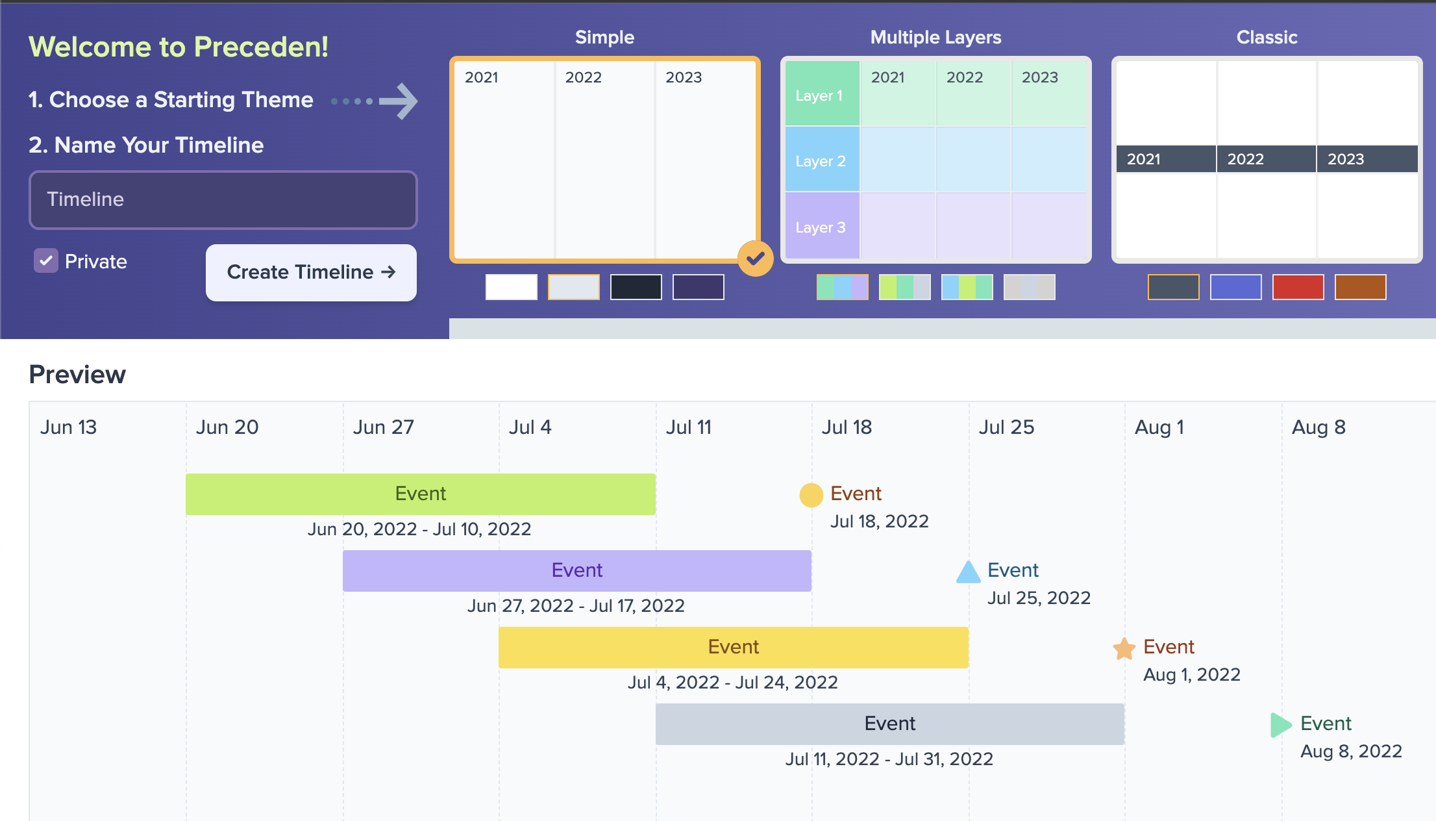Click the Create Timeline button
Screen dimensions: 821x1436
coord(311,272)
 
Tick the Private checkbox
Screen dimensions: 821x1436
coord(46,261)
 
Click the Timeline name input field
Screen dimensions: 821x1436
coord(223,199)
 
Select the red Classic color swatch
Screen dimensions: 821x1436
coord(1298,287)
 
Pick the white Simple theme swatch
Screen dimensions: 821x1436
coord(511,287)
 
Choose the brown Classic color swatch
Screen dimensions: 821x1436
coord(1360,287)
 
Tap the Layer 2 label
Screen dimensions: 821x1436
coord(821,161)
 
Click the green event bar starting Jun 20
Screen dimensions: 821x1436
coord(420,494)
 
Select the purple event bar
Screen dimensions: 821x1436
coord(576,571)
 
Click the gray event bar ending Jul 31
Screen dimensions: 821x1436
coord(889,724)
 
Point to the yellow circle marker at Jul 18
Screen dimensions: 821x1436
coord(811,495)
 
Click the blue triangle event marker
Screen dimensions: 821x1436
coord(968,572)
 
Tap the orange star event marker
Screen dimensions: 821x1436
coord(1124,648)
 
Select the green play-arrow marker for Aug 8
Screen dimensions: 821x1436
coord(1280,725)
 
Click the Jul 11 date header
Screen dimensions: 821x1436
coord(689,427)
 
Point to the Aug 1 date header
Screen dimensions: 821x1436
coord(1159,427)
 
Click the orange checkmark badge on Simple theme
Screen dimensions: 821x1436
coord(755,259)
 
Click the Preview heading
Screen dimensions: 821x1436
coord(77,375)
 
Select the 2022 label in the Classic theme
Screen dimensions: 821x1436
coord(1245,159)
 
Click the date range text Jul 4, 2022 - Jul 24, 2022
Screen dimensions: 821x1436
coord(732,683)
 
